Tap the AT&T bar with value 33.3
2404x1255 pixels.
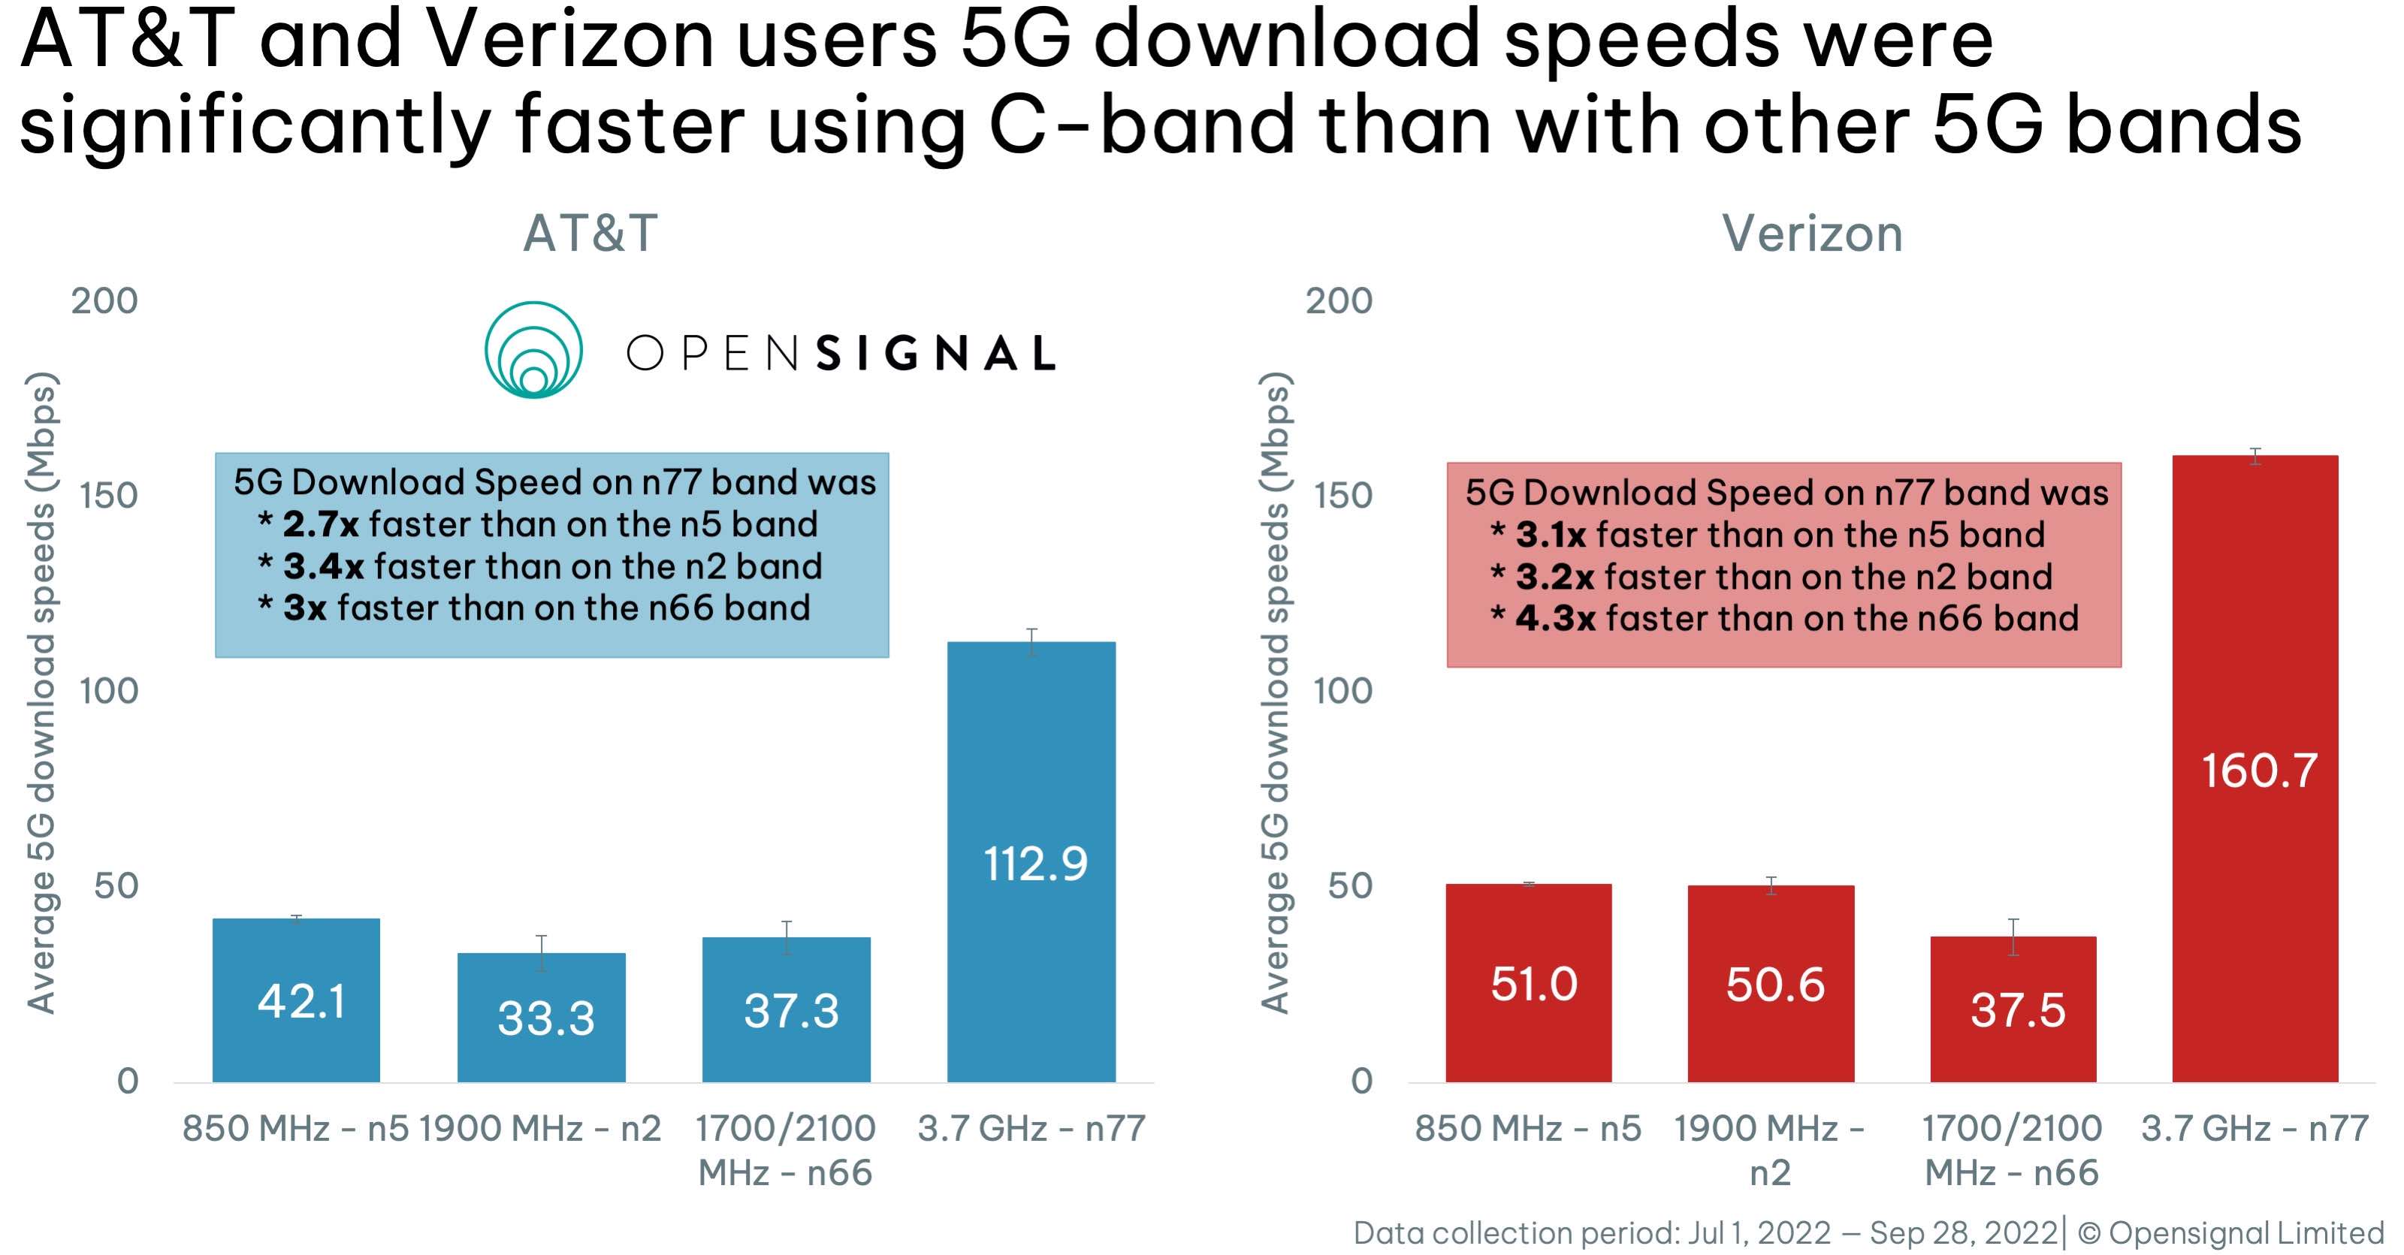pyautogui.click(x=541, y=1016)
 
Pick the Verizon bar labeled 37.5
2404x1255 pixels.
pyautogui.click(x=2013, y=1009)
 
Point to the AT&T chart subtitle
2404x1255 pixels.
pyautogui.click(x=590, y=234)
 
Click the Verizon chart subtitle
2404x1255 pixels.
pyautogui.click(x=1811, y=234)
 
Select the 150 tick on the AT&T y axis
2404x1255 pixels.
pyautogui.click(x=108, y=496)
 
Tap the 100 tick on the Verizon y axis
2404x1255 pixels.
pyautogui.click(x=1342, y=692)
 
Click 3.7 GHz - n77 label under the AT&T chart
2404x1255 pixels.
pyautogui.click(x=1031, y=1128)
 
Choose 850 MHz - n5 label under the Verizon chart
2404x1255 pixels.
pyautogui.click(x=1528, y=1128)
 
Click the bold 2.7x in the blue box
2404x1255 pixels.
pyautogui.click(x=319, y=524)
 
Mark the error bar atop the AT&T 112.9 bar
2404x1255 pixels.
pyautogui.click(x=1031, y=642)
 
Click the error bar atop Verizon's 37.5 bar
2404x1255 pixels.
pyautogui.click(x=2013, y=937)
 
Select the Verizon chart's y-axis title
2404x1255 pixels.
pyautogui.click(x=1275, y=692)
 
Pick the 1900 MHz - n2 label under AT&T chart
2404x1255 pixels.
pyautogui.click(x=540, y=1128)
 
